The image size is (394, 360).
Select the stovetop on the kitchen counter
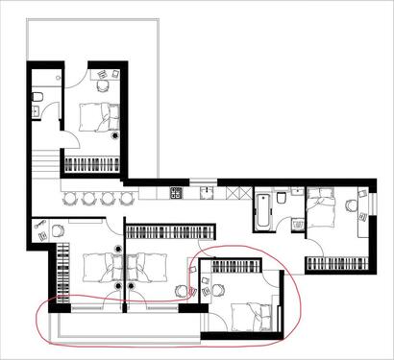pyautogui.click(x=177, y=194)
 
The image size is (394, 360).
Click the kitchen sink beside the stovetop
pyautogui.click(x=206, y=194)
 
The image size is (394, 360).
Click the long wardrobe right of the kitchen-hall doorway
pyautogui.click(x=169, y=232)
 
